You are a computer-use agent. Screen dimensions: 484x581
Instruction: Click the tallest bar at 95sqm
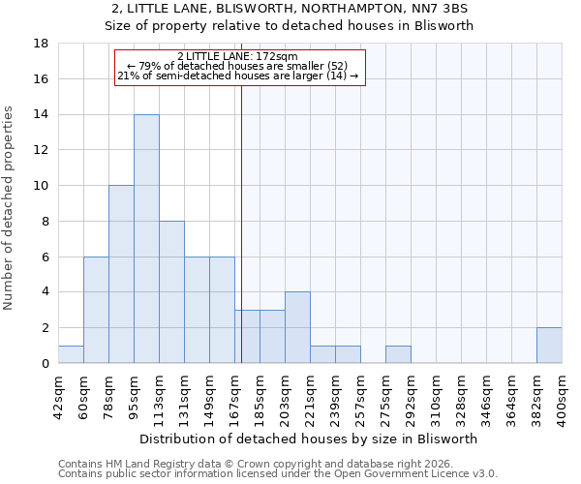click(146, 239)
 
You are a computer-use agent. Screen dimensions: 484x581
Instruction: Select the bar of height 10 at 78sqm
click(121, 274)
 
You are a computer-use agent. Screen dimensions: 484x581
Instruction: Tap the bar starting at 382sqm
click(549, 346)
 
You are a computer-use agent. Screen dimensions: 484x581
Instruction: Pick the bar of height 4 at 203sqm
click(297, 327)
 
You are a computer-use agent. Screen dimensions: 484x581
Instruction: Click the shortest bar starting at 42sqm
click(71, 354)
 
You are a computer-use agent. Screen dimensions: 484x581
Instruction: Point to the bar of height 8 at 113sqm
click(171, 292)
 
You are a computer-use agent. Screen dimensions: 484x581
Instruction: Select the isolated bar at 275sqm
click(398, 354)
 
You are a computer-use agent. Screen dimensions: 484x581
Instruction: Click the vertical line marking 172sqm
click(241, 223)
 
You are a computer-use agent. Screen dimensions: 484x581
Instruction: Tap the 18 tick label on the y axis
click(42, 44)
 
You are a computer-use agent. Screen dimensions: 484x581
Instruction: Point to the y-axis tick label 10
click(42, 186)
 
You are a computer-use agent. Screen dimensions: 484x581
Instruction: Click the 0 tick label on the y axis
click(46, 363)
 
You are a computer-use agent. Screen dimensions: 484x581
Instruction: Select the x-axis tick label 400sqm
click(562, 395)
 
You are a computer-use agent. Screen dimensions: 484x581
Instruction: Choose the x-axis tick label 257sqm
click(360, 395)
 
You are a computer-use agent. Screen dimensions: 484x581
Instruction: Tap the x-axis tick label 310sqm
click(436, 395)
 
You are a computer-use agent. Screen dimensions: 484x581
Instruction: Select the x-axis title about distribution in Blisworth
click(310, 439)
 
